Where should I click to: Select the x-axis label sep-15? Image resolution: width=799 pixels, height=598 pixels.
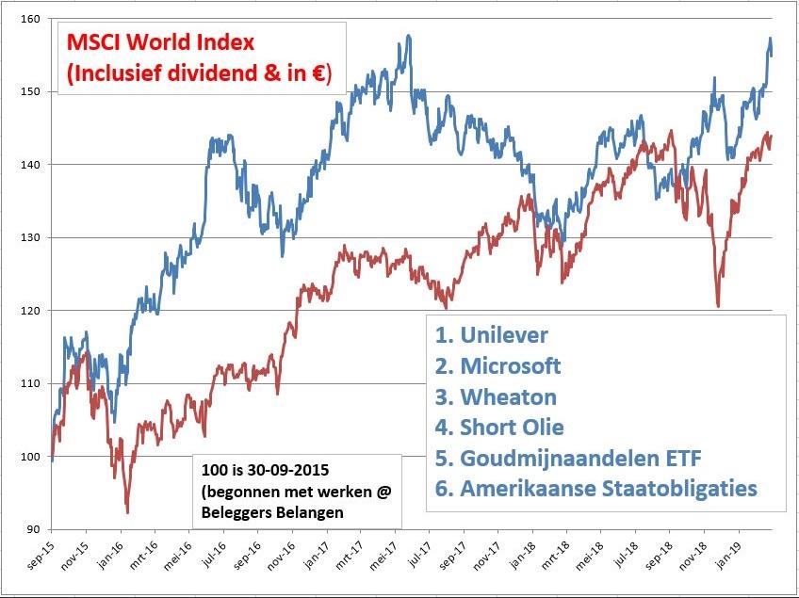[x=36, y=561]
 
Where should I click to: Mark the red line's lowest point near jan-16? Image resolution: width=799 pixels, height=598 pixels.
[x=127, y=512]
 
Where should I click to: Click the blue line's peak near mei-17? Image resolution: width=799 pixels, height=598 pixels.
[x=409, y=37]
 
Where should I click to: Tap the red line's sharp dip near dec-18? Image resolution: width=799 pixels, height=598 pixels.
[x=718, y=305]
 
